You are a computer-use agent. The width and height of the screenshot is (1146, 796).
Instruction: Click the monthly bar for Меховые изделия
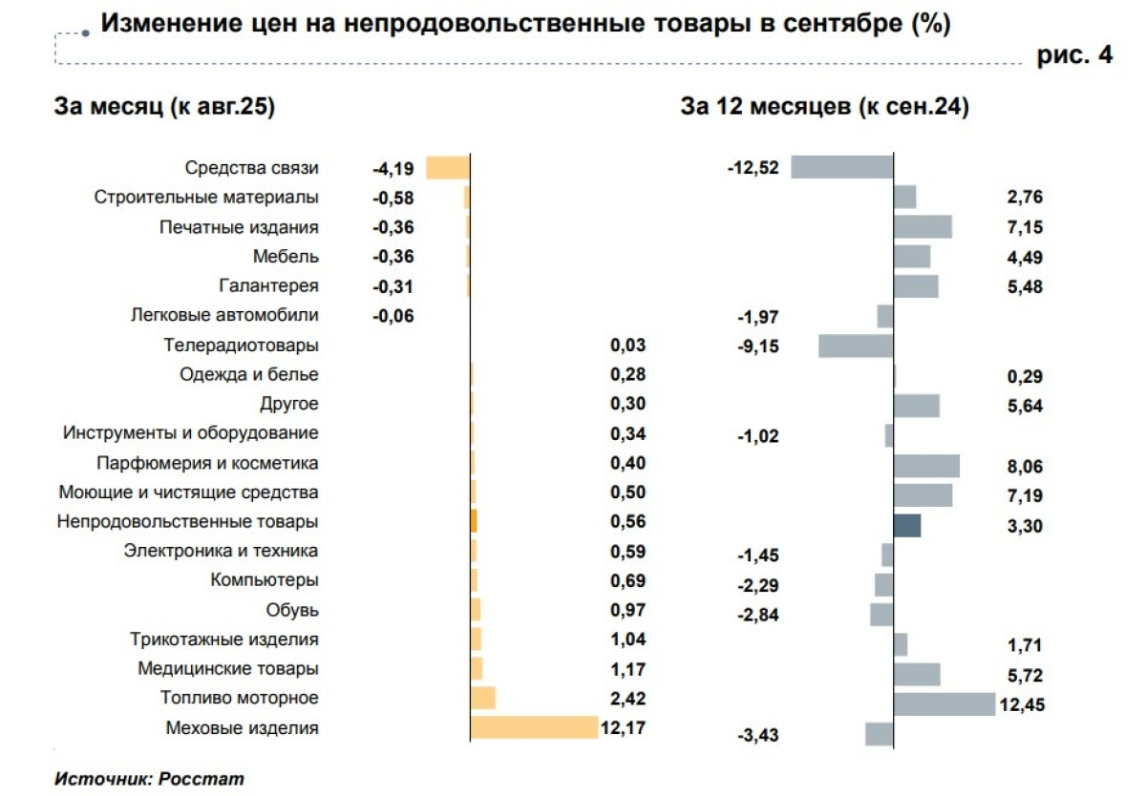(534, 727)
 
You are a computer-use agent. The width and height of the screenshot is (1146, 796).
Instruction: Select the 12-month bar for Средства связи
(842, 167)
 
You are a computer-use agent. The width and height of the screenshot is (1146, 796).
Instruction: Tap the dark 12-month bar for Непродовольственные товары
(907, 525)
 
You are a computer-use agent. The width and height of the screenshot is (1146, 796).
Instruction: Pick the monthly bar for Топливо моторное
(483, 698)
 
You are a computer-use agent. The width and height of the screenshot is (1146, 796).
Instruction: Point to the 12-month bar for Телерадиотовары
(856, 346)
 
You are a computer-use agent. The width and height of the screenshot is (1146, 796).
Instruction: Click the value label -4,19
(393, 168)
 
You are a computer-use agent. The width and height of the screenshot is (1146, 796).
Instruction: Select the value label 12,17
(624, 728)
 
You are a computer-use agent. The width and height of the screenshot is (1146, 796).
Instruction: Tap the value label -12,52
(753, 168)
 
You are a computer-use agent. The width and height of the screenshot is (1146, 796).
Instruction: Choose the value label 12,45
(1023, 705)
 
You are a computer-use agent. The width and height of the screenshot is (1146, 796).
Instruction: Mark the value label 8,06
(1024, 467)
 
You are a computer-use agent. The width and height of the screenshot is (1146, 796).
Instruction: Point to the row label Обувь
(293, 609)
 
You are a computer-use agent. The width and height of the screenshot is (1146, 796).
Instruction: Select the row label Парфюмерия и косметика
(207, 463)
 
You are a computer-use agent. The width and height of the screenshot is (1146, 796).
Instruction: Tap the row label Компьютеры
(265, 579)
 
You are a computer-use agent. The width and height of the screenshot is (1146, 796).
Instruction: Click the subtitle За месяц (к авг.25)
(165, 108)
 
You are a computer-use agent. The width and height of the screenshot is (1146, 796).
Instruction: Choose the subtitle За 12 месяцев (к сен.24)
(824, 108)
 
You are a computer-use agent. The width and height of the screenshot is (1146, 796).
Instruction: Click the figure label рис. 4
(1074, 55)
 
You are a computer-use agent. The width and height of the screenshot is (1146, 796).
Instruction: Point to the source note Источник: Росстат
(150, 778)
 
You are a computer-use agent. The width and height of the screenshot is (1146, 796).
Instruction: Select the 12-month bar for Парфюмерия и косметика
(926, 466)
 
